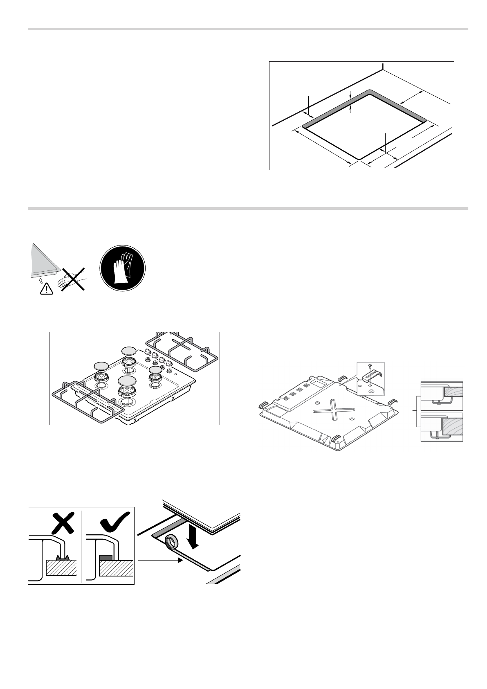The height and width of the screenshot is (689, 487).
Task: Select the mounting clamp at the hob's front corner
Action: pyautogui.click(x=335, y=438)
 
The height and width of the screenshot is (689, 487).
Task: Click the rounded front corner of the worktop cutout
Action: pyautogui.click(x=358, y=158)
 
